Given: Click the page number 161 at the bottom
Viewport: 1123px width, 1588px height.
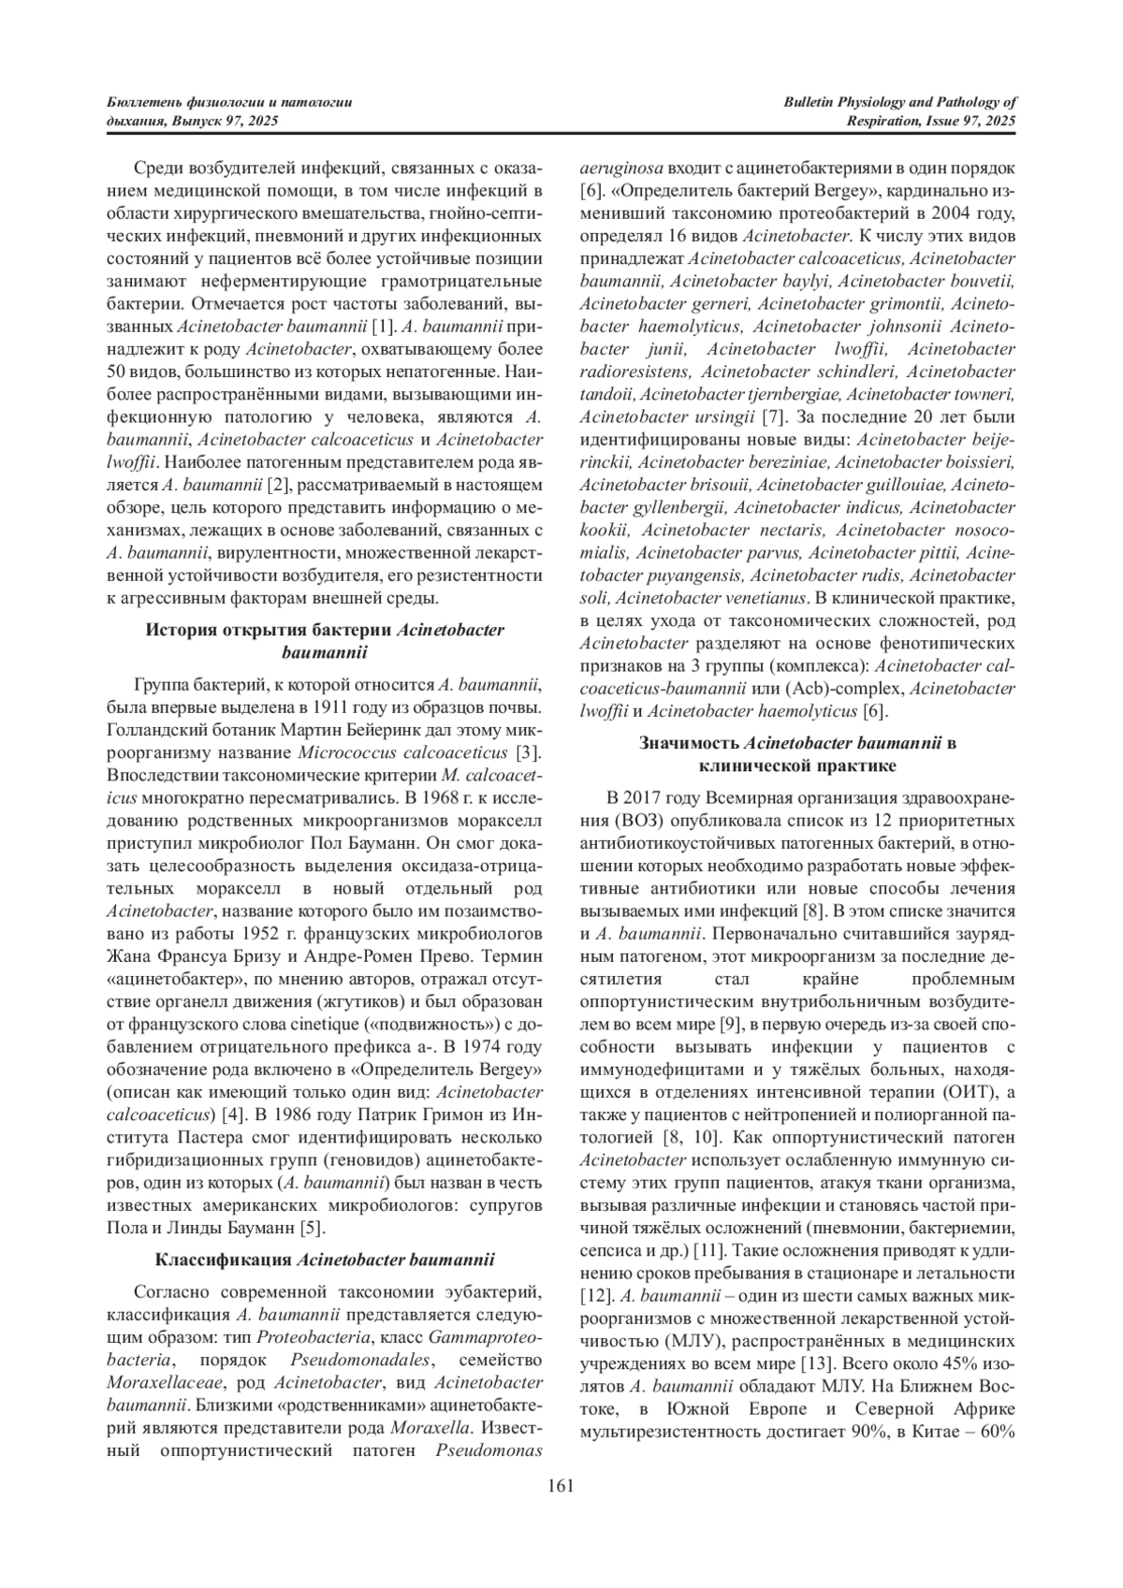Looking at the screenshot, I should click(561, 1485).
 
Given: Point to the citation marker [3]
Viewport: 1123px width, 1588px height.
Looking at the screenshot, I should click(530, 752).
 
